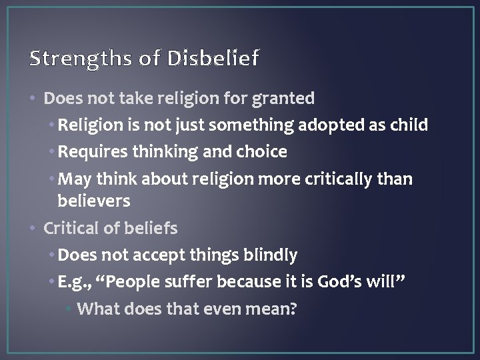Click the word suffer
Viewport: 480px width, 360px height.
[x=199, y=282]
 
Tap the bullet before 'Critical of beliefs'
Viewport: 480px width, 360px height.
[x=35, y=229]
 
